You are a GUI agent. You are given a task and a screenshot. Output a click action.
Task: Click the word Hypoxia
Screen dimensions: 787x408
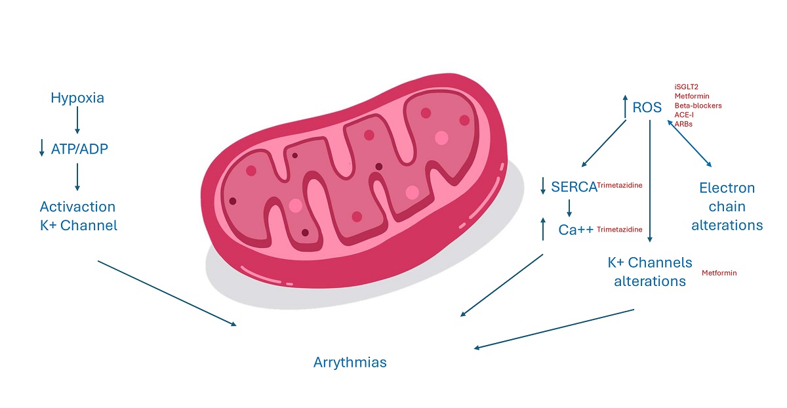pos(77,98)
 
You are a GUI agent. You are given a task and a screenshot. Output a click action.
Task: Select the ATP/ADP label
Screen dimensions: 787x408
pos(79,149)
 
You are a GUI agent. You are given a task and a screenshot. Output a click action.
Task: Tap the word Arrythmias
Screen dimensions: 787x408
pos(350,362)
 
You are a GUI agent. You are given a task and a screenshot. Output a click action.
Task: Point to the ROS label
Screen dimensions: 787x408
pos(647,107)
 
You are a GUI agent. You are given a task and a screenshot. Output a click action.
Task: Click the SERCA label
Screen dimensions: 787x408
pos(574,186)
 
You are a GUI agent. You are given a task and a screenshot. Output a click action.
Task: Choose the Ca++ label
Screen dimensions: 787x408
pos(576,230)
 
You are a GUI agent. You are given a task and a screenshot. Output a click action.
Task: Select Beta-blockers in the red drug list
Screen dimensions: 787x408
pos(698,105)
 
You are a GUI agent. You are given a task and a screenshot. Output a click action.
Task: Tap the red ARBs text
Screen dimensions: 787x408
pos(683,123)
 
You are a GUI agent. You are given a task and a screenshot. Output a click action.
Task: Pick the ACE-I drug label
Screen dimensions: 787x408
pos(684,114)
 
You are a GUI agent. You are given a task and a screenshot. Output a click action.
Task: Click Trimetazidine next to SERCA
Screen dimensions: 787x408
pos(619,186)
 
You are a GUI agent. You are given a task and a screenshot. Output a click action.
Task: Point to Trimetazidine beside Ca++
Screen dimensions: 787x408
pos(619,230)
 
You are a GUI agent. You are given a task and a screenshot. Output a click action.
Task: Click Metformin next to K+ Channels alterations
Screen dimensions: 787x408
pos(719,273)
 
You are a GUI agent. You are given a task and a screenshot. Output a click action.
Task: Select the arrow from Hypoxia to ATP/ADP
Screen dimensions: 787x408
pos(77,121)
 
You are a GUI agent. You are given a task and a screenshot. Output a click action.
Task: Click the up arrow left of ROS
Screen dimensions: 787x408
pos(624,106)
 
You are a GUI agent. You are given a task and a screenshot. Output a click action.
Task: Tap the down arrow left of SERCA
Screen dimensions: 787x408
pos(543,186)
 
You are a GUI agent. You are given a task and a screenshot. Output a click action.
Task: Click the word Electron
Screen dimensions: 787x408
pos(727,188)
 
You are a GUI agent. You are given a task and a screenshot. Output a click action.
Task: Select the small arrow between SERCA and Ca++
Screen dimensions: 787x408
pos(569,208)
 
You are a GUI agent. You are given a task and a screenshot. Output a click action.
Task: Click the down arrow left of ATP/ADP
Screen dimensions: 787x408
pos(42,149)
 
